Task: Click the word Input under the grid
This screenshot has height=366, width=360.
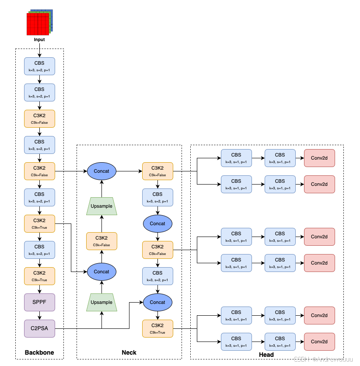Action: pyautogui.click(x=39, y=40)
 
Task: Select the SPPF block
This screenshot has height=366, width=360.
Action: pyautogui.click(x=40, y=302)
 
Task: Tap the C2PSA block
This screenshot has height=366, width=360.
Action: pyautogui.click(x=40, y=328)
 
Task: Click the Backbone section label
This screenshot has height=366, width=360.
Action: pyautogui.click(x=39, y=352)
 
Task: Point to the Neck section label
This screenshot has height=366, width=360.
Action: pyautogui.click(x=129, y=352)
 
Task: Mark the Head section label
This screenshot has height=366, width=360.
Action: pyautogui.click(x=266, y=355)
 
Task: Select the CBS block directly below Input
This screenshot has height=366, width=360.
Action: pyautogui.click(x=40, y=66)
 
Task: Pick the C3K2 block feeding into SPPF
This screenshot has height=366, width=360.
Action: pyautogui.click(x=40, y=276)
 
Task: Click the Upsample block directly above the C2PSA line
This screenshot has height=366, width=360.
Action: pyautogui.click(x=101, y=302)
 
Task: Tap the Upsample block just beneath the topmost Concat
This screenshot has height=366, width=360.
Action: pyautogui.click(x=101, y=206)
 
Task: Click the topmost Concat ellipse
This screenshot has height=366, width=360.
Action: pyautogui.click(x=101, y=171)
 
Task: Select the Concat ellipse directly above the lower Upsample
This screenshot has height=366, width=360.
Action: pyautogui.click(x=101, y=272)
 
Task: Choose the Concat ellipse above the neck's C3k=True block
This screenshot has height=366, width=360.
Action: pyautogui.click(x=157, y=302)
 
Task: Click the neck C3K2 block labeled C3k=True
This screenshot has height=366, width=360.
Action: pyautogui.click(x=157, y=328)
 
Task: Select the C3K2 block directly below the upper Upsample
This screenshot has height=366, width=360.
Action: pyautogui.click(x=101, y=241)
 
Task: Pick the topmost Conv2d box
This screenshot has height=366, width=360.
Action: pyautogui.click(x=319, y=158)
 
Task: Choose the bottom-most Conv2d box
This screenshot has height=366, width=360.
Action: pyautogui.click(x=319, y=342)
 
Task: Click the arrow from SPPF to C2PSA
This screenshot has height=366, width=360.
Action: pyautogui.click(x=40, y=315)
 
